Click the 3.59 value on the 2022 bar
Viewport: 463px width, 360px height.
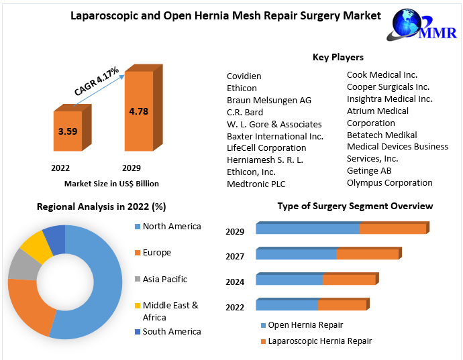click(68, 131)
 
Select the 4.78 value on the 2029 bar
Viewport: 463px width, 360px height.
click(139, 111)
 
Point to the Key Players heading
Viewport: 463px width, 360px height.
click(338, 58)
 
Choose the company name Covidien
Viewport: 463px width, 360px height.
click(244, 76)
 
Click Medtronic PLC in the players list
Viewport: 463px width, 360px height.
click(256, 184)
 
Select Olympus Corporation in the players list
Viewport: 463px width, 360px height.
click(389, 182)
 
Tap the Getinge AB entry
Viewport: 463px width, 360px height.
click(368, 170)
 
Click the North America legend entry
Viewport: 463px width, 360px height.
click(172, 227)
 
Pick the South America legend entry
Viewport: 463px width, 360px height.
click(172, 331)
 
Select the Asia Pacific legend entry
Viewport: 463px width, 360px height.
click(165, 279)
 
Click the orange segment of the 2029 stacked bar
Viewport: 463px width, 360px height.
click(393, 229)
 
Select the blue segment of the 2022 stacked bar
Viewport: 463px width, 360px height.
click(287, 306)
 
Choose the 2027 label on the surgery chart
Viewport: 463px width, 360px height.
click(235, 256)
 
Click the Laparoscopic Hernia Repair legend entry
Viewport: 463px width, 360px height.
click(319, 341)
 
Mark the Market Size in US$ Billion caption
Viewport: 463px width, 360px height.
click(111, 183)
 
